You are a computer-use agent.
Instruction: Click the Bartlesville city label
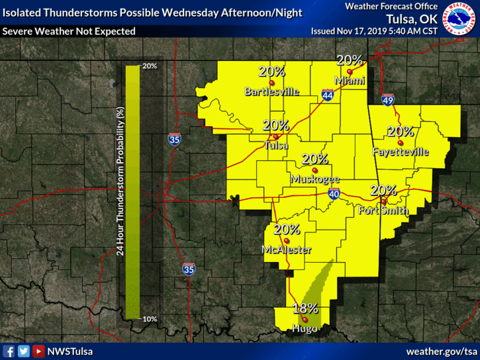271,91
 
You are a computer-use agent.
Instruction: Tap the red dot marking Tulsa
275,137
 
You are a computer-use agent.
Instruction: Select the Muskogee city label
314,179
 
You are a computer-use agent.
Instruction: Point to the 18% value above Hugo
305,308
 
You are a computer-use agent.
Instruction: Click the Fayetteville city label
401,152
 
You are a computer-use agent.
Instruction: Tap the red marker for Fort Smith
384,202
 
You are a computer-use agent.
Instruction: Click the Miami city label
350,81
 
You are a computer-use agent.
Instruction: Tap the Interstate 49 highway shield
388,100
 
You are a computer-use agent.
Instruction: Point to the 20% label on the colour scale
149,66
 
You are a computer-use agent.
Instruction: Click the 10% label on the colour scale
149,319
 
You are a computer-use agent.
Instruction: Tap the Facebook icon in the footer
9,351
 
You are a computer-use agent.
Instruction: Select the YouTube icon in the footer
39,351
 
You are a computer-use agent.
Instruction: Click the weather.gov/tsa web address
441,351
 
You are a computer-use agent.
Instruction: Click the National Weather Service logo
459,21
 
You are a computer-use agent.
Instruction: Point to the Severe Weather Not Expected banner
69,31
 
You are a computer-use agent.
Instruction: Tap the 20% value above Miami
350,60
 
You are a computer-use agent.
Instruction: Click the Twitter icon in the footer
24,351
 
